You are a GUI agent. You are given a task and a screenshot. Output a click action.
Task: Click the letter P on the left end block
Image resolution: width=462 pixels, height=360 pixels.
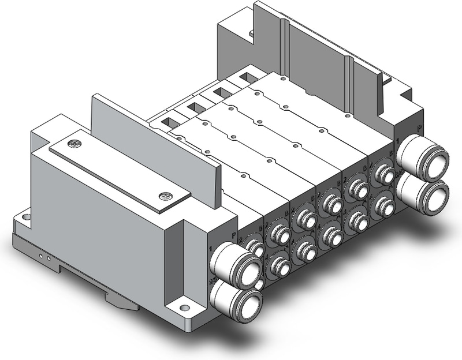pyautogui.click(x=233, y=235)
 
